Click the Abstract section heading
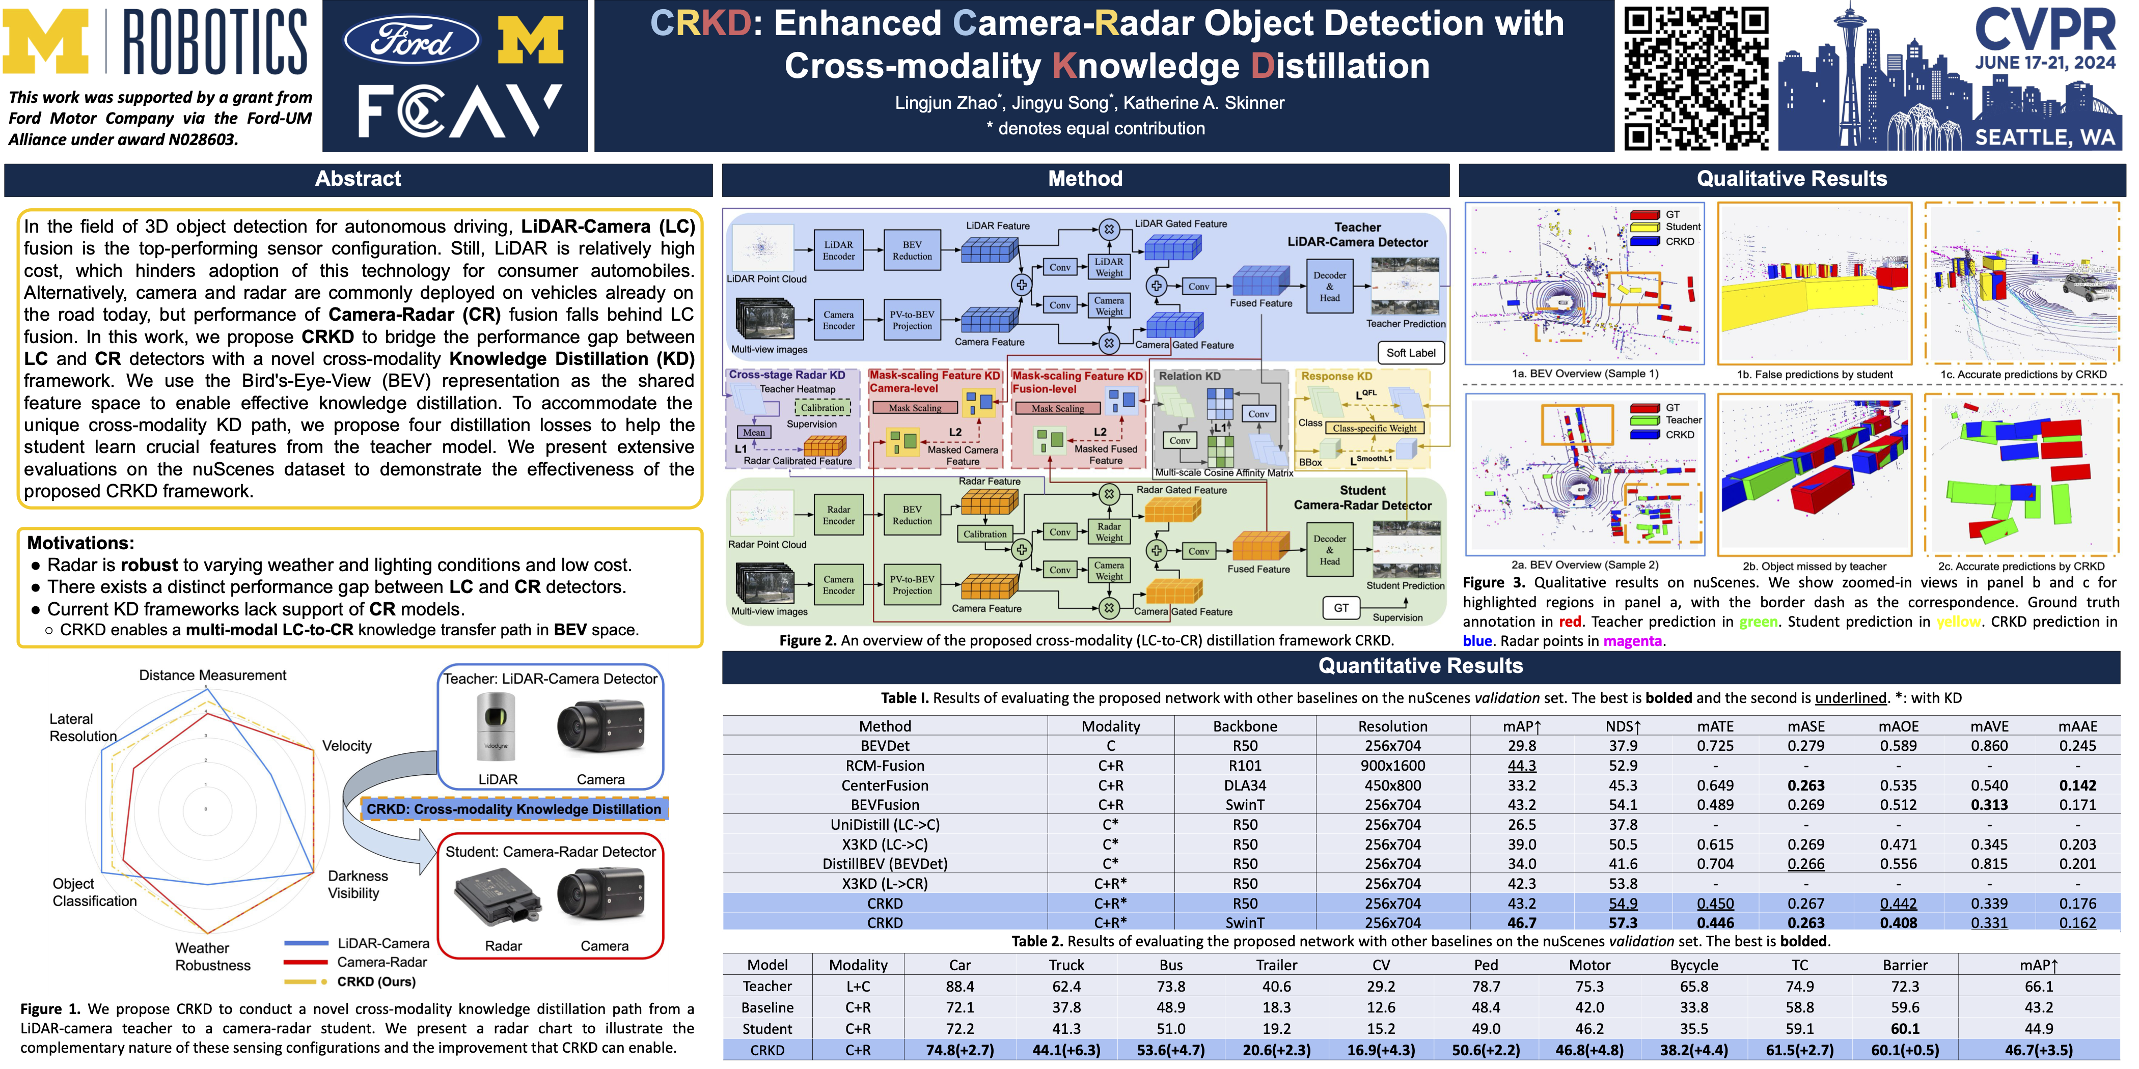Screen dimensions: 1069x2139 [x=358, y=179]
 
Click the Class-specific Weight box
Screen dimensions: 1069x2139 [x=1374, y=428]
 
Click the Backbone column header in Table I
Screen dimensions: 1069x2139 [x=1245, y=726]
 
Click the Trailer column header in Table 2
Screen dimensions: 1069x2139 [x=1276, y=965]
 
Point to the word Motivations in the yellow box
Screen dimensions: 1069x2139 [x=80, y=543]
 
